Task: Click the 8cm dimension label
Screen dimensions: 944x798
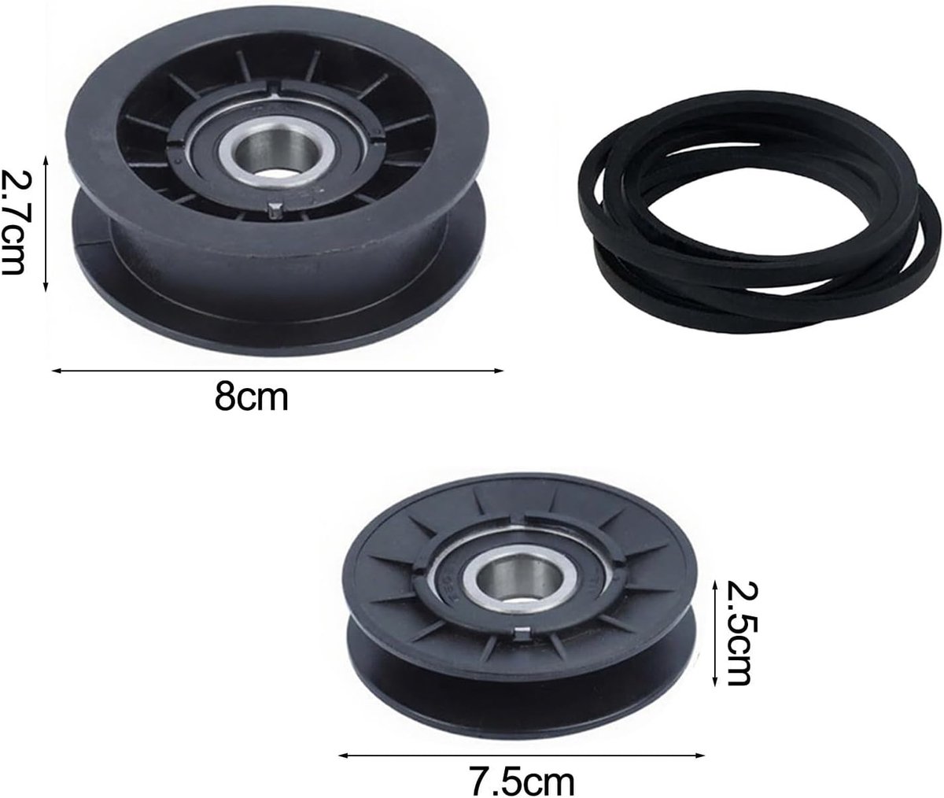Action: pos(251,397)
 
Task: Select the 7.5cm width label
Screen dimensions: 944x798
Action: pos(522,781)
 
